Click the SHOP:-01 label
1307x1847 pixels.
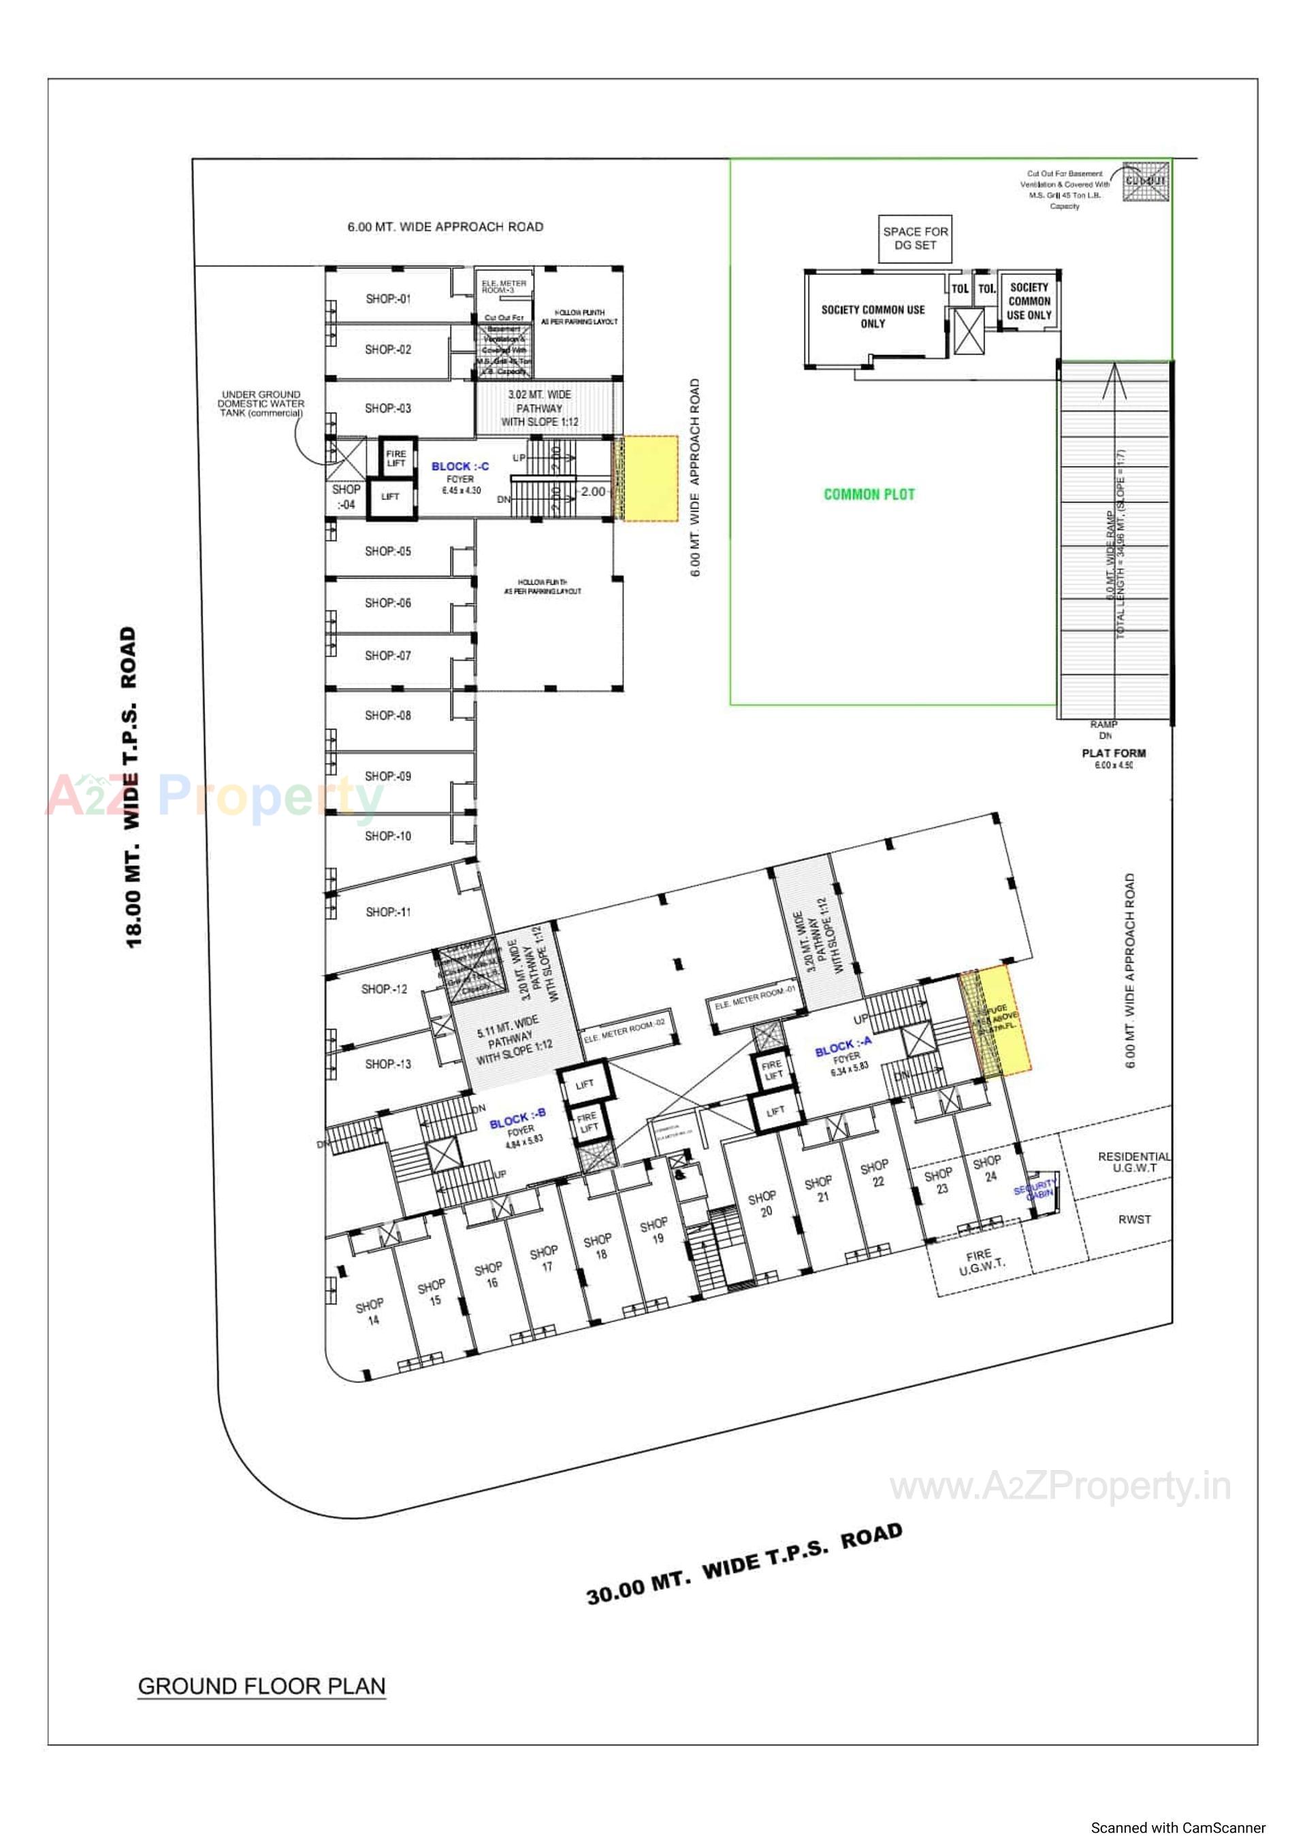coord(388,299)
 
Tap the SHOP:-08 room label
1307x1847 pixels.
coord(388,715)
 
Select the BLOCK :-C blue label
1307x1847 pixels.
coord(459,467)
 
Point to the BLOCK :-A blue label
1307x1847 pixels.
coord(843,1046)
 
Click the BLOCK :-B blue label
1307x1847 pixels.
coord(517,1119)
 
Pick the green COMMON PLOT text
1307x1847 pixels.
coord(869,494)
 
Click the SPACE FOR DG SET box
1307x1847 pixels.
coord(915,238)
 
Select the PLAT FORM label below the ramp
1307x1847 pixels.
coord(1113,753)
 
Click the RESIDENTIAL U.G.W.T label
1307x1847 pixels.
coord(1134,1162)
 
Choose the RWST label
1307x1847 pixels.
coord(1134,1220)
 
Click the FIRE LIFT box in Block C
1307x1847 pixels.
coord(396,459)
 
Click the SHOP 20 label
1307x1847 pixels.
coord(764,1203)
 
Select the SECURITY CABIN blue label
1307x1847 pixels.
coord(1036,1189)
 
